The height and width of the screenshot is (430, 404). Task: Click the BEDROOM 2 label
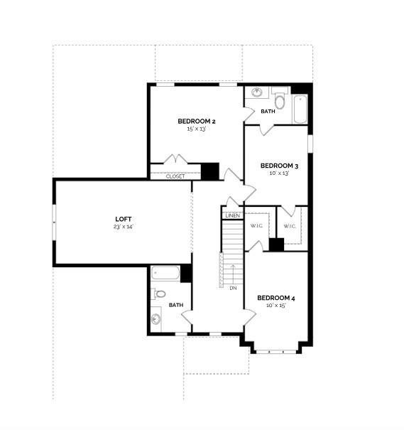click(x=196, y=122)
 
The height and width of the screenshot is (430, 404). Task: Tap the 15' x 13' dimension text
click(x=196, y=129)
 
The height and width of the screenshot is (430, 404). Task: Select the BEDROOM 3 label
click(x=278, y=166)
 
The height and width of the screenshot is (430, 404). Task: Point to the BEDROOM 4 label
click(x=275, y=298)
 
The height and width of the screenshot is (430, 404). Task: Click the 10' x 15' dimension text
click(x=275, y=306)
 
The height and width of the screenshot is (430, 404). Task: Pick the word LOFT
click(x=124, y=219)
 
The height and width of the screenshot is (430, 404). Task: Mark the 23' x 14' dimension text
click(x=124, y=227)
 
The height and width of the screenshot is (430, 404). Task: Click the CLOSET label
click(x=175, y=176)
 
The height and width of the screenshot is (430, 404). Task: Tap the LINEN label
click(x=232, y=215)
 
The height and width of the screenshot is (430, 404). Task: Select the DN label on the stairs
click(x=232, y=288)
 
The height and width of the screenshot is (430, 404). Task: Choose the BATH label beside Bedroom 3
click(x=268, y=112)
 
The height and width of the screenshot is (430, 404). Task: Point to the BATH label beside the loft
click(x=175, y=306)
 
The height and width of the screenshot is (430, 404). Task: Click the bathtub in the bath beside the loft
click(x=165, y=274)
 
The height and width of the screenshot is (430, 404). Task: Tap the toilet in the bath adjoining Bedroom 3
click(x=279, y=102)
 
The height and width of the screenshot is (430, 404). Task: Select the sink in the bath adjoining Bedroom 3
click(x=256, y=92)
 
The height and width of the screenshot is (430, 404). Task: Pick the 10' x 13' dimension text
click(x=278, y=173)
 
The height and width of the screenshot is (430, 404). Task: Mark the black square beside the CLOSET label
click(x=209, y=171)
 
